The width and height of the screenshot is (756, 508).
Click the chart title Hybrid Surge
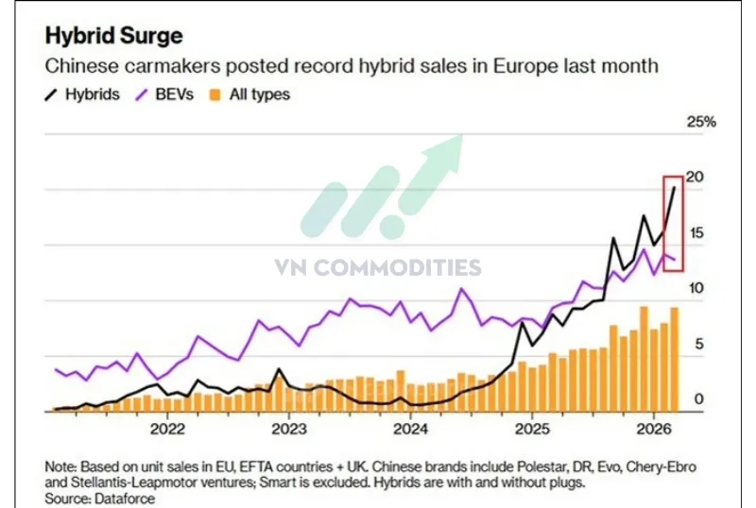114,36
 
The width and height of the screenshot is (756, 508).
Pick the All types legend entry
250,94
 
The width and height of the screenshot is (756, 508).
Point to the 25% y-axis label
701,122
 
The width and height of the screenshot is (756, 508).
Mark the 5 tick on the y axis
699,345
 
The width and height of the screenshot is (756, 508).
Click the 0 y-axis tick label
699,399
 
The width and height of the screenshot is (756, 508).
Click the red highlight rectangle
673,223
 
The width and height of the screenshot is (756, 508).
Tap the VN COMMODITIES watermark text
378,268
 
